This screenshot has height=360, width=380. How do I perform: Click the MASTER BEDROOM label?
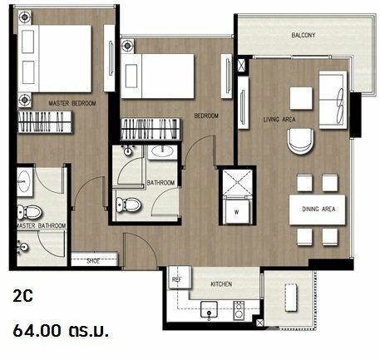[72, 103]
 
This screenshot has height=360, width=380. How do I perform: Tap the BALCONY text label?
[304, 35]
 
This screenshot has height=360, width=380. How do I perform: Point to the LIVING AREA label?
[279, 120]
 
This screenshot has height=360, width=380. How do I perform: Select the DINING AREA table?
[317, 210]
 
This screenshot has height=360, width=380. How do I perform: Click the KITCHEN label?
[221, 284]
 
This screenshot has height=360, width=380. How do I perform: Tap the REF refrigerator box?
[180, 278]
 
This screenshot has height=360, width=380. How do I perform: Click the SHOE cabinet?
[94, 259]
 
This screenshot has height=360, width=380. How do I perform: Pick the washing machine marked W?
[237, 210]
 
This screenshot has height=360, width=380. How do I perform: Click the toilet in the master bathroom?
[30, 212]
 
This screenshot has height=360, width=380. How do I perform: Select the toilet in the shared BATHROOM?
[129, 205]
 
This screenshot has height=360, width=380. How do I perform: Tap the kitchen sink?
[209, 310]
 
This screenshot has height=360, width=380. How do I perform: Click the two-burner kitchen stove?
[239, 310]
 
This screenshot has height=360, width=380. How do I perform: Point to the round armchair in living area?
[301, 141]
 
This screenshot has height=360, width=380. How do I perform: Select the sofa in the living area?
[333, 100]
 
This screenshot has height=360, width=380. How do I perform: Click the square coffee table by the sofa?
[301, 98]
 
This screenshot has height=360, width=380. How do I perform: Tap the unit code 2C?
[23, 296]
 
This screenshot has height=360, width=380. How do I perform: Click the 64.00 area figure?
[37, 331]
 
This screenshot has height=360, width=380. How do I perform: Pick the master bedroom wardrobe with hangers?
[45, 122]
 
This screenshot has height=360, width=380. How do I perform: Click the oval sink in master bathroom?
[25, 182]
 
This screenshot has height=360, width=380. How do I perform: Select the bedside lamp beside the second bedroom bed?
[127, 46]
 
